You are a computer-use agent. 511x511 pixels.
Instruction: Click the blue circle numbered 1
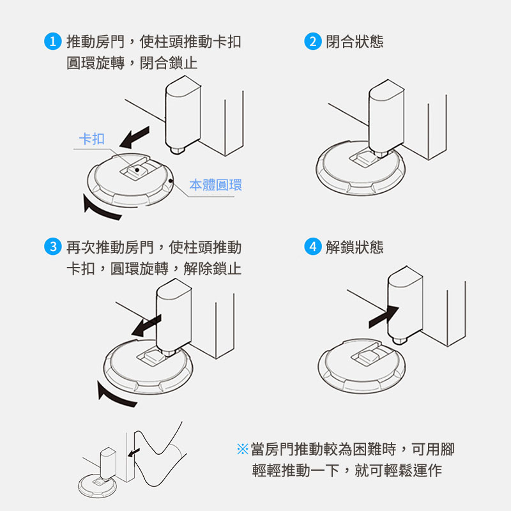53,42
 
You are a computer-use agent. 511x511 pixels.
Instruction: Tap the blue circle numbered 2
313,42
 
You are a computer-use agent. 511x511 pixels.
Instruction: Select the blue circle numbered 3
53,247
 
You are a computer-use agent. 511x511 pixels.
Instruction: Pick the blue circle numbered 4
313,247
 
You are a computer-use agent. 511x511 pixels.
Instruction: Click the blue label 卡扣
92,139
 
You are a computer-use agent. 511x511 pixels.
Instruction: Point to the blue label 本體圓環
216,185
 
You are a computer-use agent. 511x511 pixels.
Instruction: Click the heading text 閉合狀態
355,42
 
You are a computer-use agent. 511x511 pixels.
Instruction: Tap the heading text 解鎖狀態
355,247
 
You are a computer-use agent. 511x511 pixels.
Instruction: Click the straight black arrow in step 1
134,137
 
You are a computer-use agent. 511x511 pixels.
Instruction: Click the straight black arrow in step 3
146,325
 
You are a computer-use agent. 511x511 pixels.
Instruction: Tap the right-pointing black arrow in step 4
384,317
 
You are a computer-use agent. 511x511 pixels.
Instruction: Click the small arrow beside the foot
133,452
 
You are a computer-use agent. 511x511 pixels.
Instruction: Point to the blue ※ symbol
243,449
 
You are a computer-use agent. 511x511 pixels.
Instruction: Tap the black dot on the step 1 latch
137,170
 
